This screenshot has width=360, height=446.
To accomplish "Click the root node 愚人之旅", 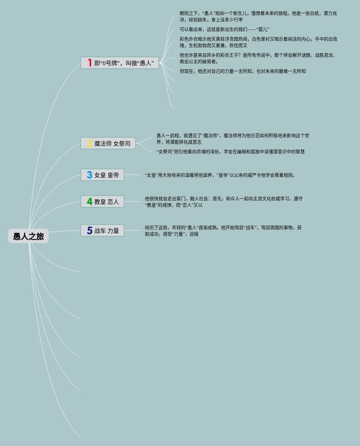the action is [28, 236].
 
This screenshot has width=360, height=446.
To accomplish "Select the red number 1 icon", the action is [90, 63].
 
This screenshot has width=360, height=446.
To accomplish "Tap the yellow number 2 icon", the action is [90, 144].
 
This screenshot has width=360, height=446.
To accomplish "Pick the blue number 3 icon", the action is [90, 175].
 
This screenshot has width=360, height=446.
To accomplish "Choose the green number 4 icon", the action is [90, 201].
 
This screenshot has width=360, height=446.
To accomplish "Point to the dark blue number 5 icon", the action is [90, 230].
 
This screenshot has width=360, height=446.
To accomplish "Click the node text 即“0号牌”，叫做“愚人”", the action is [124, 63].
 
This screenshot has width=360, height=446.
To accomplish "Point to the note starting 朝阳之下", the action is [258, 16].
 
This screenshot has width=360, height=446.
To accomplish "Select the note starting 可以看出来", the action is [224, 29].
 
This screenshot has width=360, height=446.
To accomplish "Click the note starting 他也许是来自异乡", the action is [258, 58].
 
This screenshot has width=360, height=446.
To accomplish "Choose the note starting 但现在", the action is [242, 71].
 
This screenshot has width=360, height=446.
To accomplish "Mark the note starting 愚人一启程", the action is [232, 139].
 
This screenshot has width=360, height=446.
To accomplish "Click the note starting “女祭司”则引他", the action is [230, 152].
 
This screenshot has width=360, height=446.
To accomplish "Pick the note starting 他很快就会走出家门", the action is [223, 202].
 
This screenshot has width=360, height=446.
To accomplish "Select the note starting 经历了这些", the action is [223, 231].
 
